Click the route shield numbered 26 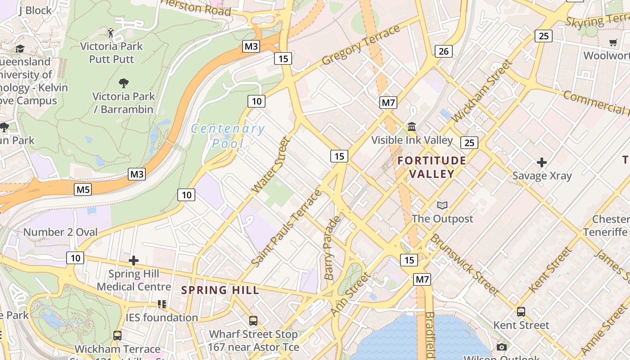(444, 51)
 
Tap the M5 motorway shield (83, 189)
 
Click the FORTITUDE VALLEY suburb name (432, 167)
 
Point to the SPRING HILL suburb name (220, 290)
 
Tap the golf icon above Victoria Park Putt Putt (111, 33)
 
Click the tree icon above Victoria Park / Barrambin (124, 83)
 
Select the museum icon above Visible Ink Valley (412, 127)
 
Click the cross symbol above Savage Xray (542, 162)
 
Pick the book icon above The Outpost (442, 206)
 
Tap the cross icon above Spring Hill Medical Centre (134, 261)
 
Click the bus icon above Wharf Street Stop (253, 321)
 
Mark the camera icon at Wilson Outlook (502, 347)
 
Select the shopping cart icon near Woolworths (613, 43)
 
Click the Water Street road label (270, 165)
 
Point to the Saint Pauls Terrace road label (287, 228)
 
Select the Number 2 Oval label (60, 232)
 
